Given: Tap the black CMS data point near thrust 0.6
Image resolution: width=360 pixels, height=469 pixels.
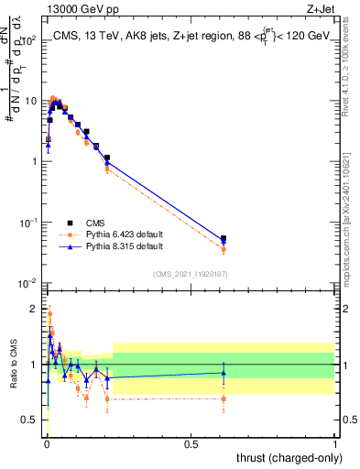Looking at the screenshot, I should click(x=224, y=238).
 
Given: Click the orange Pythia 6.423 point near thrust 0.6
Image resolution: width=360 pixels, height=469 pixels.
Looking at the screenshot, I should click(x=224, y=249).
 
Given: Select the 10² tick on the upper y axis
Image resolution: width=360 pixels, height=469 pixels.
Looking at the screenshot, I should click(x=30, y=40).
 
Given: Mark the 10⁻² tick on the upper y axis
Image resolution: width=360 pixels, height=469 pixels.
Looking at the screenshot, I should click(x=29, y=283).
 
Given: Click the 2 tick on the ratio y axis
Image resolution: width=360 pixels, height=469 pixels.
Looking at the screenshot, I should click(x=36, y=308).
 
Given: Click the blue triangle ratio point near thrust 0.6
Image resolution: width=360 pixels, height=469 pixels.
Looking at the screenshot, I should click(x=224, y=373).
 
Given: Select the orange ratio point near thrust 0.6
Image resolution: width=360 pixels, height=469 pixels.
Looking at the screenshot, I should click(x=224, y=398).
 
